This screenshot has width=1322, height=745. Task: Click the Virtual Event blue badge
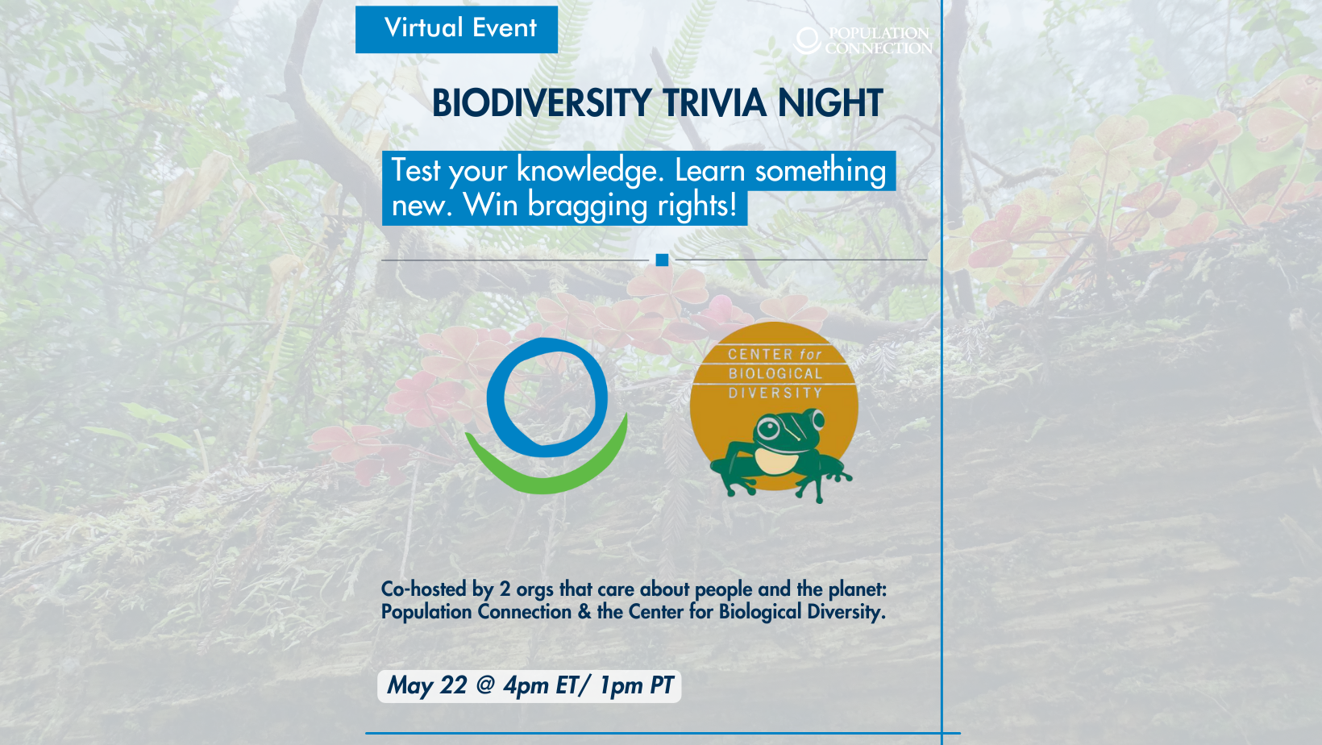point(456,29)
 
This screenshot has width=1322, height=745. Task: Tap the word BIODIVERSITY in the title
point(542,103)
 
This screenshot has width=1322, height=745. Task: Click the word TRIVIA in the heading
point(715,103)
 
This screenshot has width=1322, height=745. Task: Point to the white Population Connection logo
point(863,40)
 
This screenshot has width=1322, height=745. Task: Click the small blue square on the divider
point(662,260)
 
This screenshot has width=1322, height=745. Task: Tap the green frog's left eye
point(768,428)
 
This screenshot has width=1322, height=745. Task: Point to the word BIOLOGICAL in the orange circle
point(775,373)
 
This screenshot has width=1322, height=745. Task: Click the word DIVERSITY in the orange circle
point(775,393)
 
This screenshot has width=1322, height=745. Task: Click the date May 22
point(426,686)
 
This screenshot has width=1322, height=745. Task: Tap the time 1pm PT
point(636,686)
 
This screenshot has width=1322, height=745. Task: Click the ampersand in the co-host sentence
point(584,612)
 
